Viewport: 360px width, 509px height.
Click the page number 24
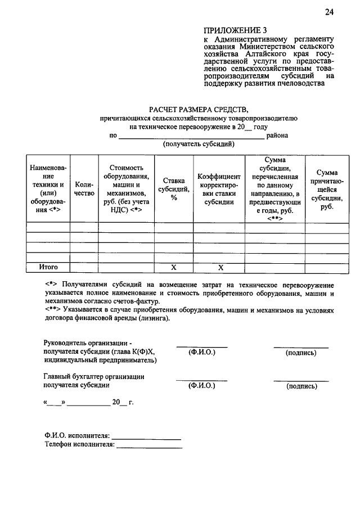[x=328, y=12]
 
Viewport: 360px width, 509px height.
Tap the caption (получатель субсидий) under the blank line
[x=199, y=144]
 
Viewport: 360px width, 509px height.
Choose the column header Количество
[x=84, y=188]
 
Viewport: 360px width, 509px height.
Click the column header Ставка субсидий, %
[x=174, y=188]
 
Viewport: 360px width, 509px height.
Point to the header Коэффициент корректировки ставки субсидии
[x=219, y=188]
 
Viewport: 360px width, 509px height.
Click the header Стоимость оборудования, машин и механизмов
[x=127, y=188]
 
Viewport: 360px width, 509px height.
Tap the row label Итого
[x=48, y=267]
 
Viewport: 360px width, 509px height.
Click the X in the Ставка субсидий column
[x=174, y=267]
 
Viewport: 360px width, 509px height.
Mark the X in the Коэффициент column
[x=220, y=267]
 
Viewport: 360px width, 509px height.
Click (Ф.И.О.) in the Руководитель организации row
[x=201, y=353]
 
